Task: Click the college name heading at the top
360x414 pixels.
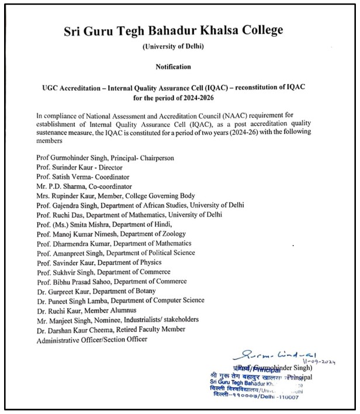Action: pos(182,30)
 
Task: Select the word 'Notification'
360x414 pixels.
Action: pos(181,67)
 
